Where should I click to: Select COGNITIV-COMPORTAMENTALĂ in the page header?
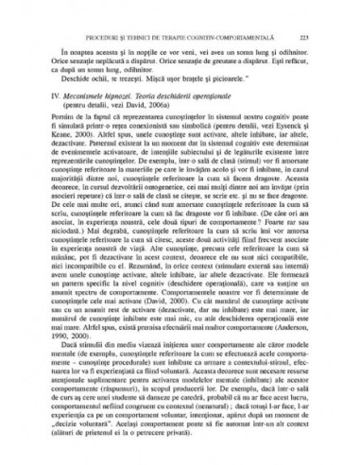[x=249, y=26]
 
